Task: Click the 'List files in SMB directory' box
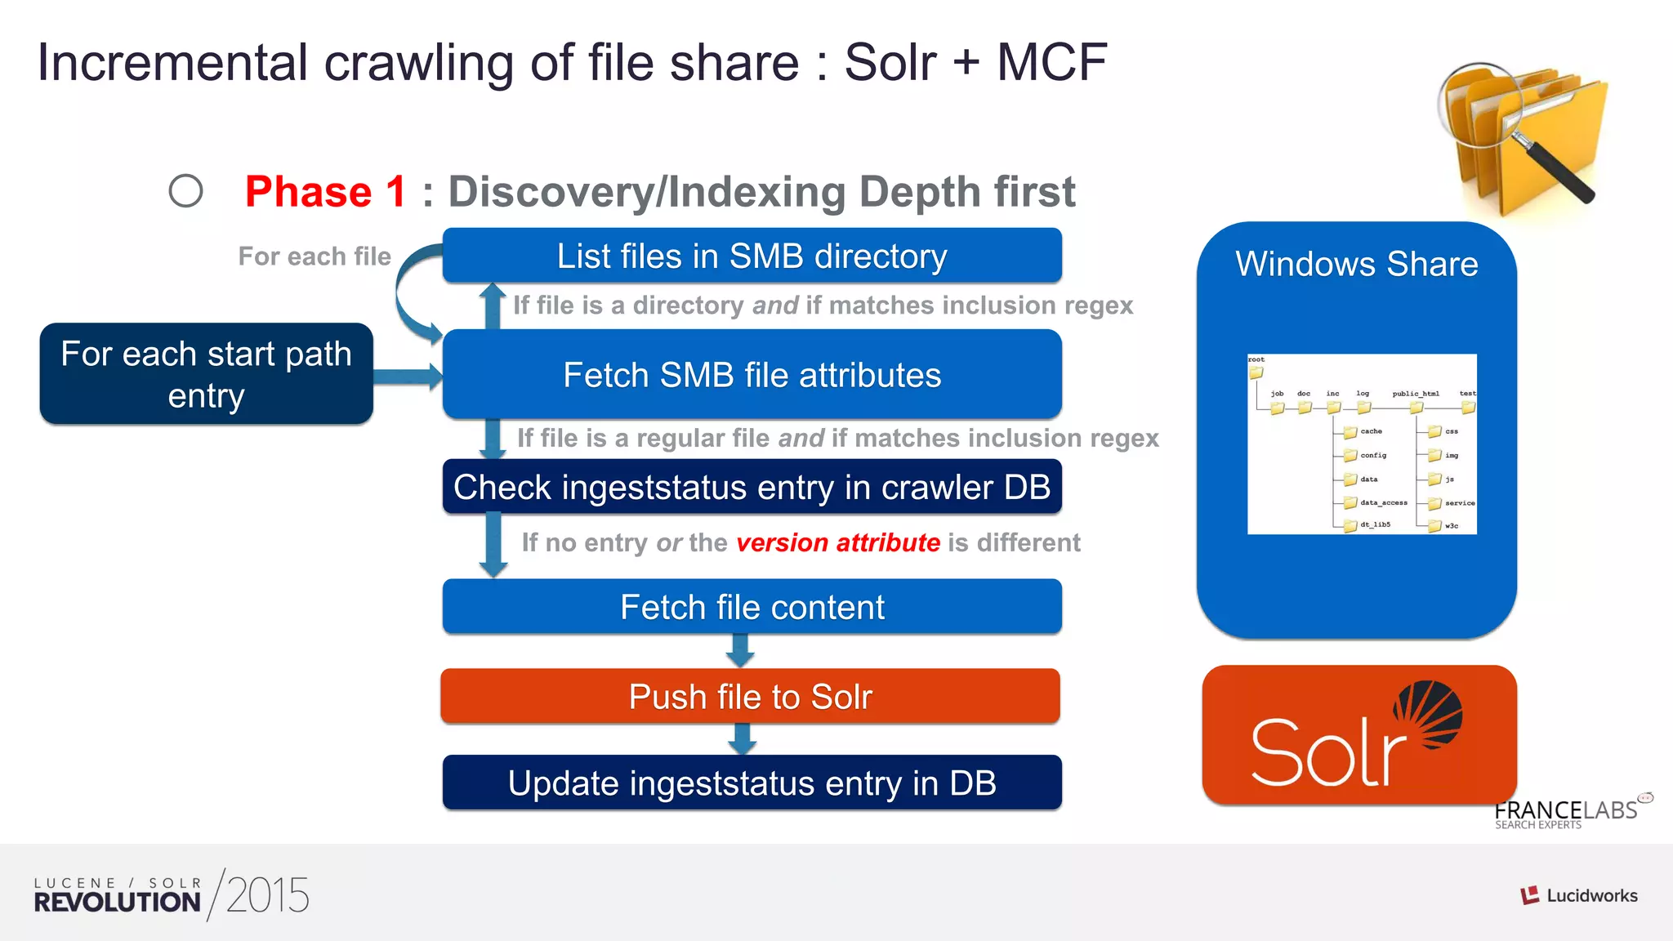(x=752, y=256)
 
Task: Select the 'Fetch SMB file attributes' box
(x=752, y=375)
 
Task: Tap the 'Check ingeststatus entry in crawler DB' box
(x=752, y=488)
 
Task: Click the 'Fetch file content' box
(x=752, y=607)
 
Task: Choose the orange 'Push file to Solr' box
(x=750, y=697)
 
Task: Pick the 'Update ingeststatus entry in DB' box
(x=752, y=783)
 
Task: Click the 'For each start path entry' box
(x=206, y=374)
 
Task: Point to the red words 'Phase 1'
(x=325, y=192)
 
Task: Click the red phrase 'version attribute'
(x=838, y=542)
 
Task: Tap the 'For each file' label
(x=315, y=256)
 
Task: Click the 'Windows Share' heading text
(x=1356, y=264)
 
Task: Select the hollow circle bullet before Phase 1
(x=185, y=191)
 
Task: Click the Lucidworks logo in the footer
(x=1578, y=895)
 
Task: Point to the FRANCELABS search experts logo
(x=1567, y=813)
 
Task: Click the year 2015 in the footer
(x=267, y=895)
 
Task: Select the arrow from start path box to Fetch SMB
(x=408, y=377)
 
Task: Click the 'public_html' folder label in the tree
(x=1416, y=394)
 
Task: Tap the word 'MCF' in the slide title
(x=1051, y=63)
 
